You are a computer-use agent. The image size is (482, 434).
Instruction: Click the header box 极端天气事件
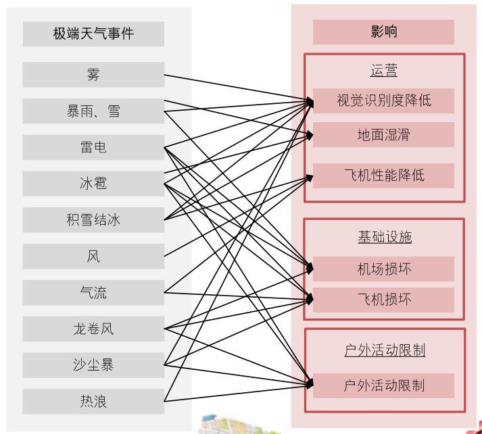(x=93, y=34)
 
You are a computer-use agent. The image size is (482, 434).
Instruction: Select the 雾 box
(x=93, y=75)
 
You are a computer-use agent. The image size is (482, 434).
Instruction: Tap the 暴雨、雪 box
(x=93, y=111)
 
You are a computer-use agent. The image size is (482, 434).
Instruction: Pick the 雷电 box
(x=93, y=148)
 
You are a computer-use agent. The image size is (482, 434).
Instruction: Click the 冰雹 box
(x=93, y=184)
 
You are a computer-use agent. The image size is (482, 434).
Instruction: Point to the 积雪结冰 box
(x=93, y=220)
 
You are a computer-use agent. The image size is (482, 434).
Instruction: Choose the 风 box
(x=93, y=256)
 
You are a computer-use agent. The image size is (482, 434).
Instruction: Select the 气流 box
(x=93, y=293)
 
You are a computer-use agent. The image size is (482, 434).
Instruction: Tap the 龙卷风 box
(x=93, y=329)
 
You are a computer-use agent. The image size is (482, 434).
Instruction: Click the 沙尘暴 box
(x=93, y=365)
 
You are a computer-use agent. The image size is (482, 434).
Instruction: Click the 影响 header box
(x=383, y=32)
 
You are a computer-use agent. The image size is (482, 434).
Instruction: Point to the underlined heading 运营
(x=383, y=71)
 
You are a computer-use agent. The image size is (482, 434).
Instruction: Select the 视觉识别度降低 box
(x=383, y=101)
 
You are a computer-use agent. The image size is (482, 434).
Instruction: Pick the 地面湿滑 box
(x=383, y=135)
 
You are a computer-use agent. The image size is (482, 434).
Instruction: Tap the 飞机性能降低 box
(x=383, y=175)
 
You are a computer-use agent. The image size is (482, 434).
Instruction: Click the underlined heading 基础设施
(x=384, y=237)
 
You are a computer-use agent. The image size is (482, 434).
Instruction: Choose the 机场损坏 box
(x=383, y=269)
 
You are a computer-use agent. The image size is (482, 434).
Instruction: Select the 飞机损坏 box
(x=383, y=300)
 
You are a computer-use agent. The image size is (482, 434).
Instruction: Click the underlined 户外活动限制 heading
(x=384, y=351)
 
